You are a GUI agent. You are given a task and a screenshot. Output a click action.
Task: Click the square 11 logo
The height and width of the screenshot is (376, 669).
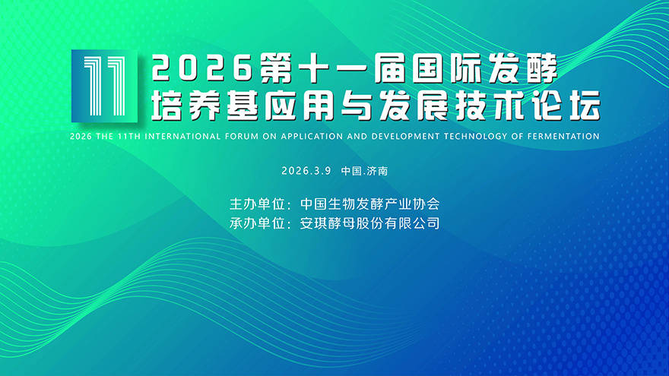coord(105,86)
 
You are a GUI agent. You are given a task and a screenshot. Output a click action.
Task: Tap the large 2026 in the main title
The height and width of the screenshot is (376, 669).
coord(201,68)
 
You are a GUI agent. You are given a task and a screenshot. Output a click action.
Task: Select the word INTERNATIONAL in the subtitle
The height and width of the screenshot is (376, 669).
coord(183,137)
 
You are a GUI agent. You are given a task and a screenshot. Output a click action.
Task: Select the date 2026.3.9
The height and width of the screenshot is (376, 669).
coord(306,171)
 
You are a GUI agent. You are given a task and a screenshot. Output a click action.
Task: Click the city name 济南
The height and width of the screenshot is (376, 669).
coord(378,171)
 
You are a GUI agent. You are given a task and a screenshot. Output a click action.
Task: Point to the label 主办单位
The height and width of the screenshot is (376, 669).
coord(257,204)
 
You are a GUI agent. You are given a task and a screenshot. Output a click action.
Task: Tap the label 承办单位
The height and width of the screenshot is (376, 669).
coord(257,223)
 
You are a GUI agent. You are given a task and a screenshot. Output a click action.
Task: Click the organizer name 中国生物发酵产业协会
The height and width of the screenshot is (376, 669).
coord(370,204)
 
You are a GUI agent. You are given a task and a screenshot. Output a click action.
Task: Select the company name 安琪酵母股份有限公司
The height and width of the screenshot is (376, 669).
coord(370,223)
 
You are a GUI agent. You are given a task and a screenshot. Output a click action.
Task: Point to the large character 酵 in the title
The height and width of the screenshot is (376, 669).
coord(542,68)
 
